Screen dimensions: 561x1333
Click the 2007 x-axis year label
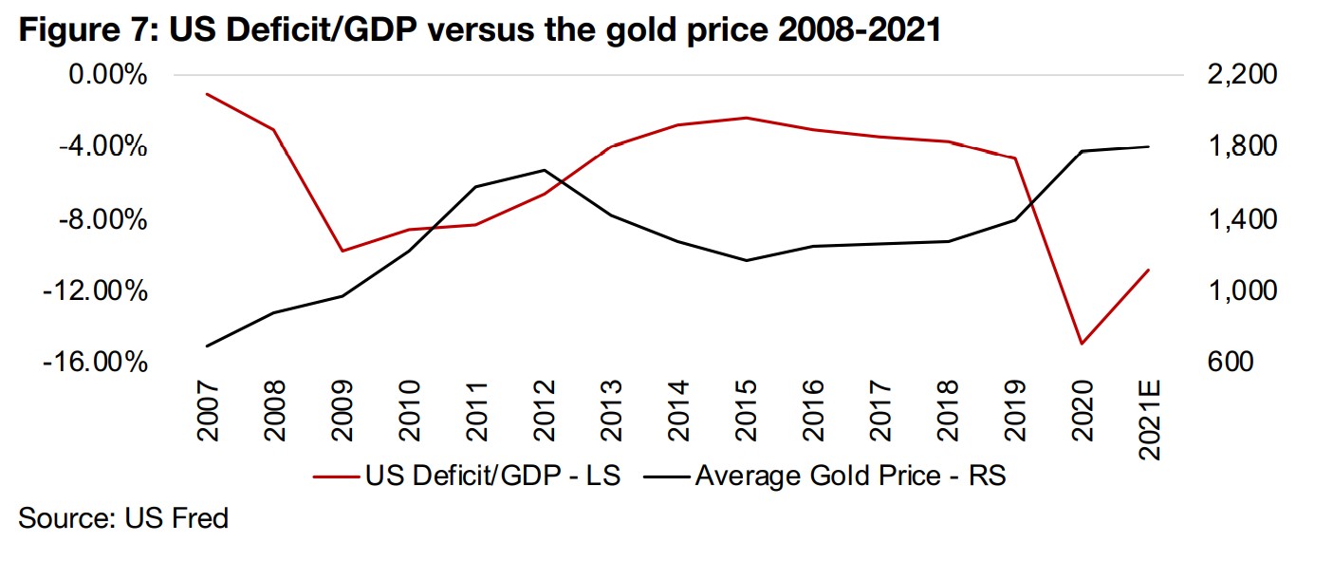[207, 414]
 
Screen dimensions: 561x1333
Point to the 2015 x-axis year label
[746, 414]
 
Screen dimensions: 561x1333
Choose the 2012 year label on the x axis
[544, 414]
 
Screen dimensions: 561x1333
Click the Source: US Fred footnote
[123, 520]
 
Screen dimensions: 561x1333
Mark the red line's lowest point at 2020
[1082, 344]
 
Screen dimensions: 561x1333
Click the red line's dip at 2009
[342, 251]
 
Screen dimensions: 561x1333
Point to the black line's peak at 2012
[544, 170]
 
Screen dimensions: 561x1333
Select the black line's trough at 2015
[746, 260]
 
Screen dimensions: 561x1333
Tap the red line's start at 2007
[207, 94]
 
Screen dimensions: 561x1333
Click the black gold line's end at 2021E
[1149, 146]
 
